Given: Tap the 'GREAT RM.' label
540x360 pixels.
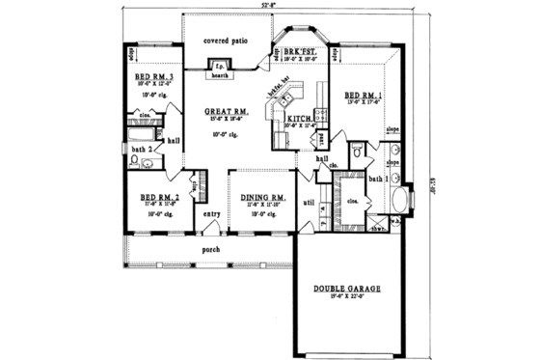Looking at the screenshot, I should pyautogui.click(x=227, y=113).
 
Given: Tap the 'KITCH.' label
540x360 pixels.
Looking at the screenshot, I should pyautogui.click(x=298, y=119).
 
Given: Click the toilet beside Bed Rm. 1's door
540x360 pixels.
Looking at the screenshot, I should pyautogui.click(x=356, y=151).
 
